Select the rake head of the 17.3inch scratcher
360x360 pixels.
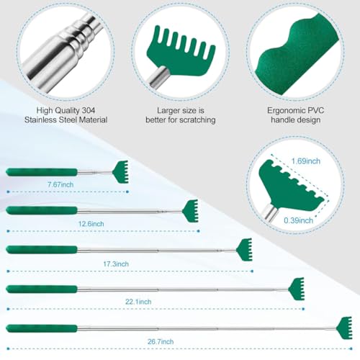click(245, 249)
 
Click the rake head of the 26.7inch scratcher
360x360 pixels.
click(344, 328)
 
